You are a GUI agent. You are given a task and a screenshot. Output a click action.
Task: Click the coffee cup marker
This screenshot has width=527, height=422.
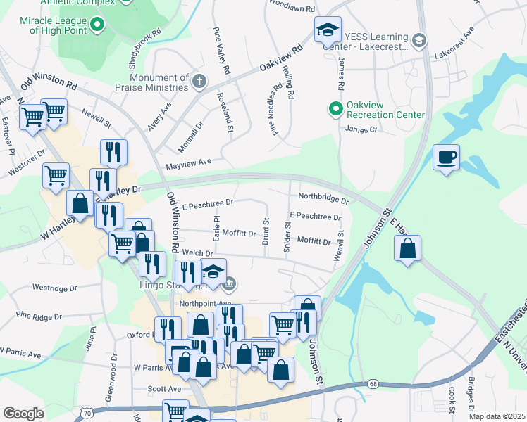pos(445,157)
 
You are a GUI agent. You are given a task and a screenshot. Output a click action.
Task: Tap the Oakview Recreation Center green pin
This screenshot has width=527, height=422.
pos(335,108)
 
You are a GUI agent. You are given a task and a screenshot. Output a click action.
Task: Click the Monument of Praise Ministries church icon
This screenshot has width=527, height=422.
pos(199,80)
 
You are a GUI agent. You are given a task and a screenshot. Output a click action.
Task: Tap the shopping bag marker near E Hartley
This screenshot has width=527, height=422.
pos(407,248)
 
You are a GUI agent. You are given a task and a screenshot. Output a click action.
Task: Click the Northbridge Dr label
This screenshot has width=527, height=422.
pos(323,197)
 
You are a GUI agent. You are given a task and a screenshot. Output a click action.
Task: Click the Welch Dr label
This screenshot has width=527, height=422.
pos(197,253)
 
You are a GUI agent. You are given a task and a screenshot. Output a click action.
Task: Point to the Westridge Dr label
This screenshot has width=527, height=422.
pos(55,288)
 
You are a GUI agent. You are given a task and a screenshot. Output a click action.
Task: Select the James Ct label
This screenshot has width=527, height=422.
pos(361,129)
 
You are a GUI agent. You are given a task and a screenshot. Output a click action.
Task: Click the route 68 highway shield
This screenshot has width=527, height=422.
pos(373,384)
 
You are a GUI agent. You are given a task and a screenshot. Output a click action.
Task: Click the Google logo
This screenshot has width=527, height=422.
pos(23,413)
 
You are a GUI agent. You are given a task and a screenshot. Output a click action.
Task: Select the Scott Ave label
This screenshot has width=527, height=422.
pos(164,388)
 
